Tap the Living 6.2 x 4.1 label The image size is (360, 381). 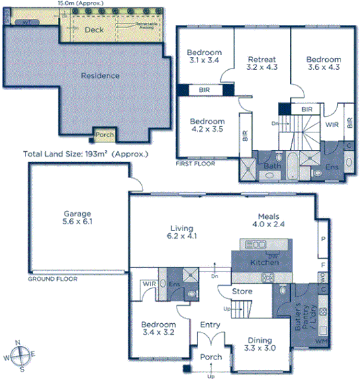[181, 232]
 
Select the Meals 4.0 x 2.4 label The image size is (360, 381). [266, 220]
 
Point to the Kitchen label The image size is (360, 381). [264, 263]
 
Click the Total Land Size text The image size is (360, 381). [85, 154]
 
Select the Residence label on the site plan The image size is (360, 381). [100, 76]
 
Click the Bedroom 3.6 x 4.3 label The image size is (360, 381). [322, 62]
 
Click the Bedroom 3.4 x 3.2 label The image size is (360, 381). [159, 329]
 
